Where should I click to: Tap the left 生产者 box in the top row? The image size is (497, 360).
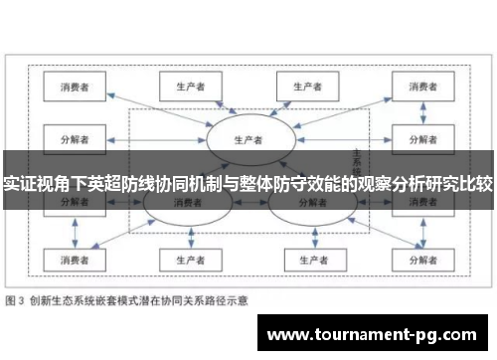(188, 87)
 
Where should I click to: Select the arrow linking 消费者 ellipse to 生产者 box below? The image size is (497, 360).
(187, 234)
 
